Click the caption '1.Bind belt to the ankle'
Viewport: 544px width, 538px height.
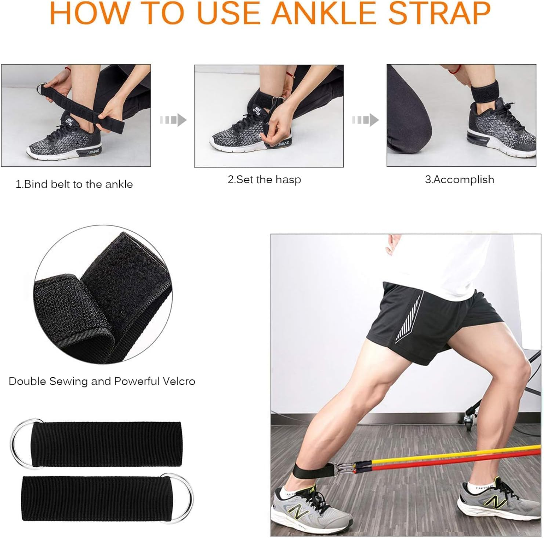coord(74,184)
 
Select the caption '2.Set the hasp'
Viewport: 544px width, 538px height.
coord(264,180)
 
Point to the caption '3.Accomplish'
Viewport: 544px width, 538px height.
coord(459,180)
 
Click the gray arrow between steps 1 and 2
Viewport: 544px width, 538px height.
coord(174,120)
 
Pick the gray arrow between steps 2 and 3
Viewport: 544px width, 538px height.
coord(366,120)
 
